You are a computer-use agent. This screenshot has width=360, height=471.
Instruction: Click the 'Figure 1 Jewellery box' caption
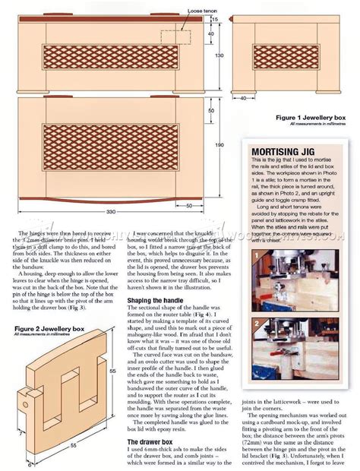pyautogui.click(x=311, y=119)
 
